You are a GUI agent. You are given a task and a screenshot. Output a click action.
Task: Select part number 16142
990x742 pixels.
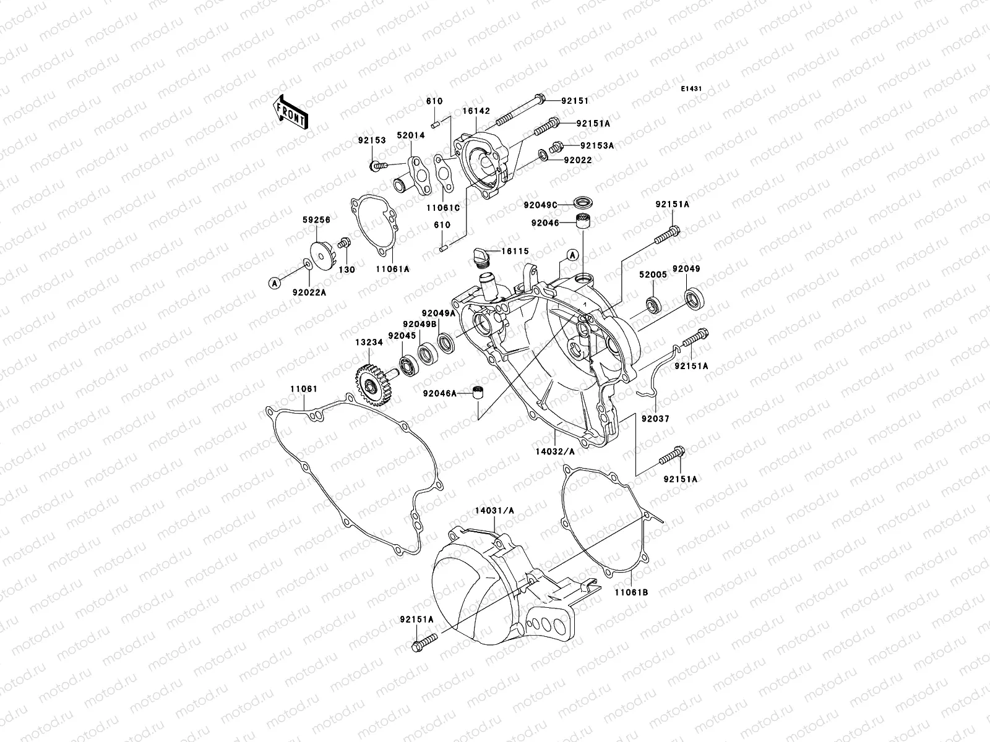tap(476, 111)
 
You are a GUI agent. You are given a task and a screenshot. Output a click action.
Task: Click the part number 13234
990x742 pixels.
tap(368, 341)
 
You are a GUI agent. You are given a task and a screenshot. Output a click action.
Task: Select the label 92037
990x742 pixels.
tap(655, 419)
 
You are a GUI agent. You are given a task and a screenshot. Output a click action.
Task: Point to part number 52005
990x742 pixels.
tap(654, 275)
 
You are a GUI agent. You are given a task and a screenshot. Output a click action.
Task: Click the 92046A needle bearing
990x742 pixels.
tap(476, 393)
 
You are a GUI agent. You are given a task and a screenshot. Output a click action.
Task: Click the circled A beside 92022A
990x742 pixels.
tap(273, 283)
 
